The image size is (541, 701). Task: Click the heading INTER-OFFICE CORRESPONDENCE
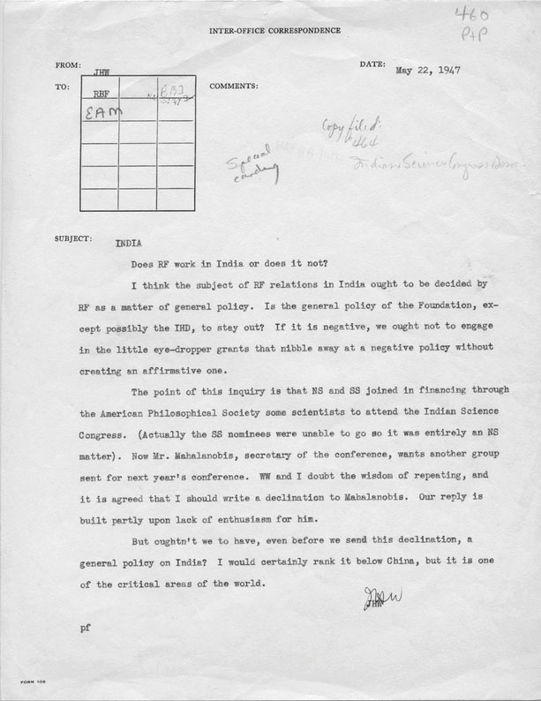pyautogui.click(x=274, y=31)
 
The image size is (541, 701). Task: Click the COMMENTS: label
pyautogui.click(x=234, y=87)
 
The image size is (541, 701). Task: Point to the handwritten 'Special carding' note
pyautogui.click(x=252, y=164)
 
